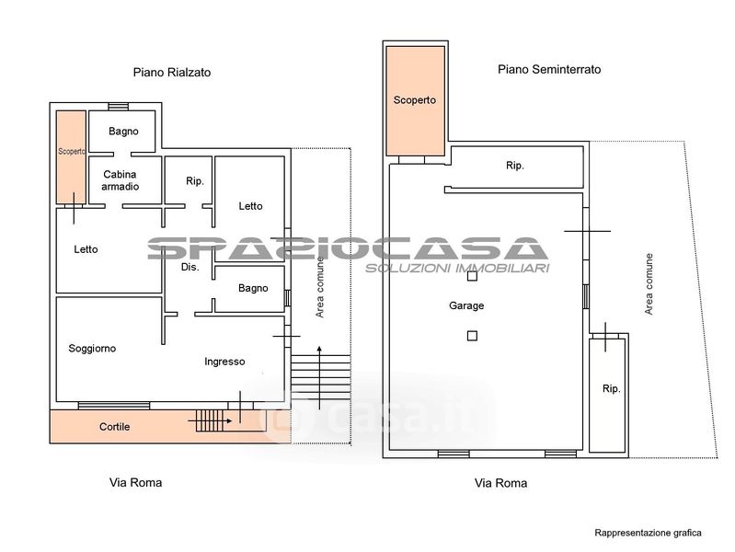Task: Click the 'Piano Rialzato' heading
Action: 172,73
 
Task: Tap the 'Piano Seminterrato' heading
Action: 549,69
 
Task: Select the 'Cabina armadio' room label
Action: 120,180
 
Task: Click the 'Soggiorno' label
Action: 92,349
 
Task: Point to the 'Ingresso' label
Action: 224,362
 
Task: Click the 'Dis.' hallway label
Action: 190,267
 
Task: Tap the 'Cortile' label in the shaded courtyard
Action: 114,427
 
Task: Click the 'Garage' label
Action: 466,305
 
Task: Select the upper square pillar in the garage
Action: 472,276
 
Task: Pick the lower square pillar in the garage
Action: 472,336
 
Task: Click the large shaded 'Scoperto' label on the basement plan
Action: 414,100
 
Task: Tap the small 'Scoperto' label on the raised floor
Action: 71,152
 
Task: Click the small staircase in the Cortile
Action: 210,420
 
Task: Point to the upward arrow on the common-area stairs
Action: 319,377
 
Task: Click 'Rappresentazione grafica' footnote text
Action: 648,533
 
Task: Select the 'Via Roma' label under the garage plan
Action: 500,483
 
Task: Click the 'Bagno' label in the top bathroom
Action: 123,132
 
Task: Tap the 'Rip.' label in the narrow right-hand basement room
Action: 611,389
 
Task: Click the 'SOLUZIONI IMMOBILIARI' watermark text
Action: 457,269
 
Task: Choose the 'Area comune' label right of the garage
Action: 649,284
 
